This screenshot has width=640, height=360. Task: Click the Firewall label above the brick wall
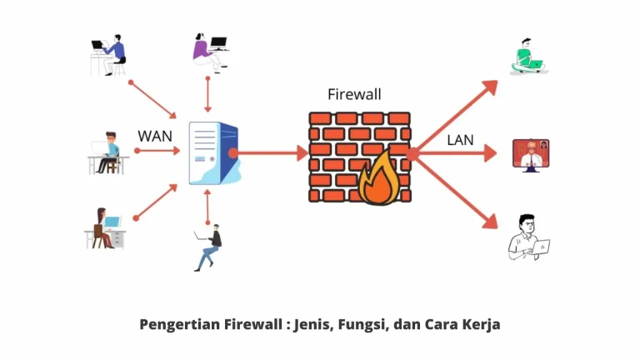click(x=353, y=94)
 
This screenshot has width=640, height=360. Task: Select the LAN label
click(x=460, y=139)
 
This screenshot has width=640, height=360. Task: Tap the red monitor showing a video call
click(x=530, y=154)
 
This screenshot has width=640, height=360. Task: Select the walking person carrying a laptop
click(x=209, y=246)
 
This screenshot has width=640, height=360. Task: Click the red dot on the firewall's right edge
click(x=412, y=153)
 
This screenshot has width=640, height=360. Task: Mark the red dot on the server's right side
click(x=234, y=152)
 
